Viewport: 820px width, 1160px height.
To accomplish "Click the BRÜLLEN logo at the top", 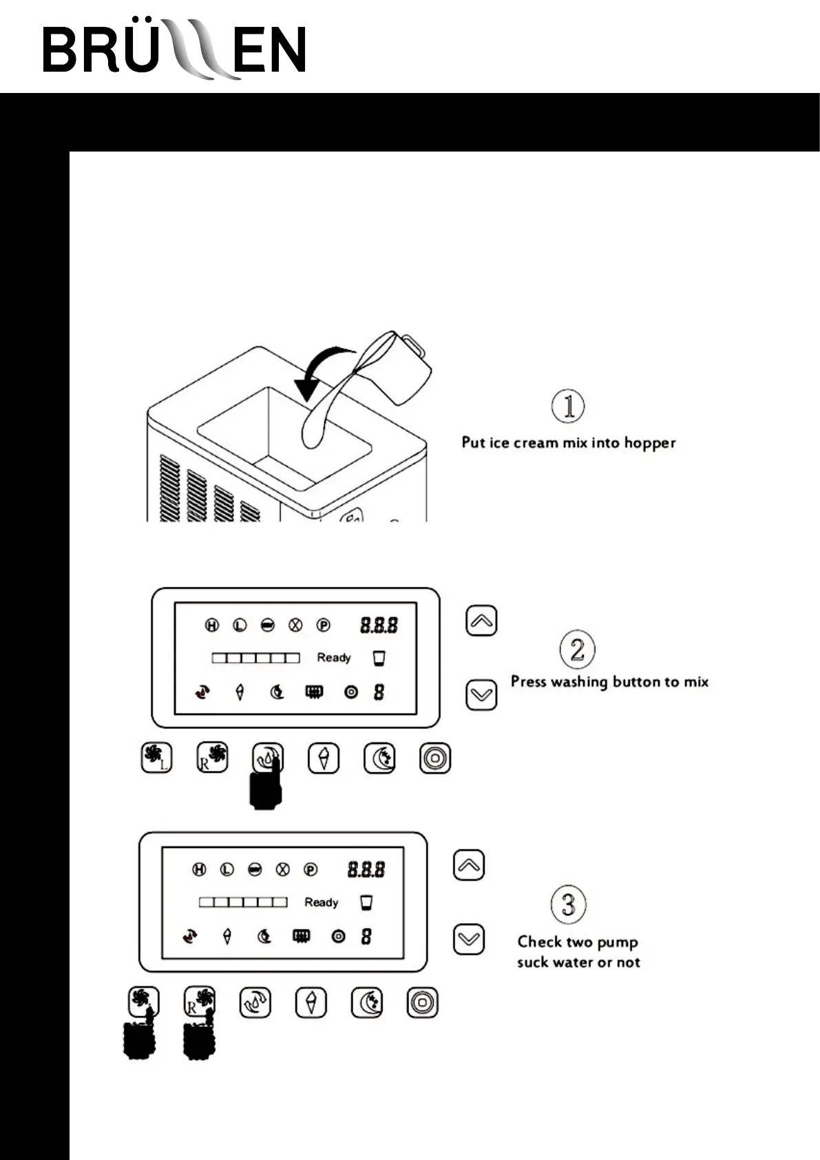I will (174, 50).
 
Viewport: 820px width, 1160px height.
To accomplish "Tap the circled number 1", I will (568, 406).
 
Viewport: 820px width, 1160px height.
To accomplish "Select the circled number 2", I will (577, 649).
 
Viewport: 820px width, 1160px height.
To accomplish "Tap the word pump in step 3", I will (616, 942).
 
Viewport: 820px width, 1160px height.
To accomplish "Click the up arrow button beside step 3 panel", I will (469, 865).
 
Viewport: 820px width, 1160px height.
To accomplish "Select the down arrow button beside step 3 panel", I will (469, 940).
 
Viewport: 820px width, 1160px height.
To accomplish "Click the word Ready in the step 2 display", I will (334, 658).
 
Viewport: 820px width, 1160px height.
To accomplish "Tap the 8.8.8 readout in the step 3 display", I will (366, 869).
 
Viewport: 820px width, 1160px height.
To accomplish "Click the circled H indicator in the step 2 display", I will (212, 625).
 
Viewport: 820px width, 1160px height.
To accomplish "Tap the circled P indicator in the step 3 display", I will (311, 870).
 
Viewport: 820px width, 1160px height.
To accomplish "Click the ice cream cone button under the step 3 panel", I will (311, 1002).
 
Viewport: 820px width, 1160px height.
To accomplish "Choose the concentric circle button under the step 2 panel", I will (435, 758).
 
